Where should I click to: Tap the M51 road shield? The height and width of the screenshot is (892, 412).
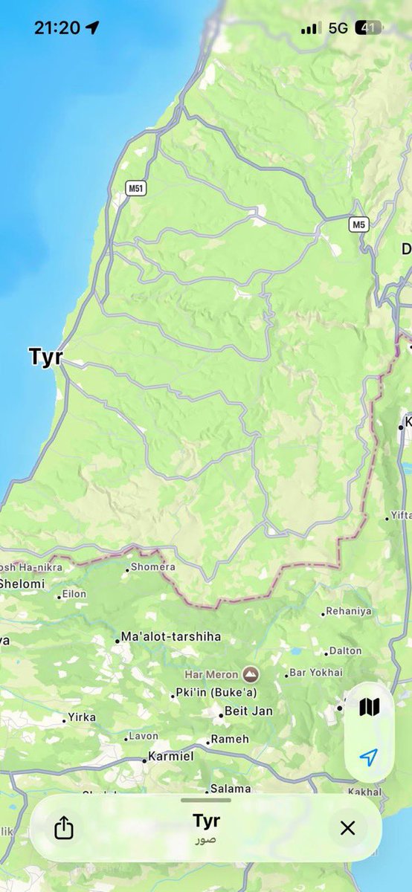pyautogui.click(x=135, y=188)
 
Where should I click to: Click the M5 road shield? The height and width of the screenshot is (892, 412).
pyautogui.click(x=360, y=224)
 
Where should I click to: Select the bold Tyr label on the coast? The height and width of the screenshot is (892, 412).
pyautogui.click(x=45, y=357)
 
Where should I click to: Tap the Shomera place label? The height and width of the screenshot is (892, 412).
pyautogui.click(x=153, y=567)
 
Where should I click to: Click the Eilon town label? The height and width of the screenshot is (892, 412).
pyautogui.click(x=74, y=594)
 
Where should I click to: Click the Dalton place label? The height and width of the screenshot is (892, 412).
pyautogui.click(x=346, y=651)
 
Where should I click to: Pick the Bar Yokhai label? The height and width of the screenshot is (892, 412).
pyautogui.click(x=316, y=673)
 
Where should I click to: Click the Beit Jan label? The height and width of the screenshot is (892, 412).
pyautogui.click(x=248, y=711)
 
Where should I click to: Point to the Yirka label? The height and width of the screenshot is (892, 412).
pyautogui.click(x=82, y=717)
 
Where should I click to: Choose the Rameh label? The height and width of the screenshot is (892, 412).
pyautogui.click(x=230, y=739)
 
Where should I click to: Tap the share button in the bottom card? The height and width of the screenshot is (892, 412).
pyautogui.click(x=64, y=827)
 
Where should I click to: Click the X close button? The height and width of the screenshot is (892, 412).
pyautogui.click(x=347, y=827)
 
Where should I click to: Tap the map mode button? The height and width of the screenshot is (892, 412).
pyautogui.click(x=369, y=707)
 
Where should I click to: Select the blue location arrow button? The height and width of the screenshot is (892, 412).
pyautogui.click(x=369, y=757)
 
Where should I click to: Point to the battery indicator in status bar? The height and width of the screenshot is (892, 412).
pyautogui.click(x=369, y=28)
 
